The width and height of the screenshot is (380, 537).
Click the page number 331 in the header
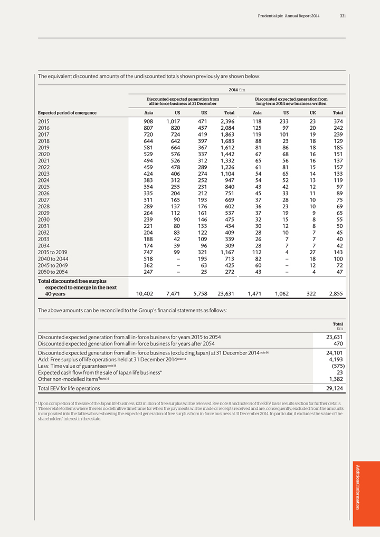(x=343, y=16)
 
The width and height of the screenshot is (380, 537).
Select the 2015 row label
(x=46, y=121)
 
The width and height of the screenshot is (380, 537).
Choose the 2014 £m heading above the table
(x=237, y=90)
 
